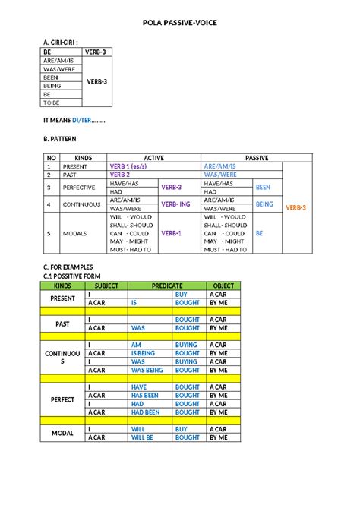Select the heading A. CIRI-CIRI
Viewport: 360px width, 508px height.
[x=62, y=43]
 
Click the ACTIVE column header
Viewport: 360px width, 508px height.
[x=153, y=157]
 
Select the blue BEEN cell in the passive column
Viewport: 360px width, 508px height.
[x=264, y=187]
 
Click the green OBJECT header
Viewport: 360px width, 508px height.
[x=223, y=286]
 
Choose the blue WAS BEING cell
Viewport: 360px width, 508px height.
[x=147, y=370]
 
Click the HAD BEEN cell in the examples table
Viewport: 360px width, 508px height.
[x=145, y=412]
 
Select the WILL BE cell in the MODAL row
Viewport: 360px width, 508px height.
[x=143, y=437]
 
